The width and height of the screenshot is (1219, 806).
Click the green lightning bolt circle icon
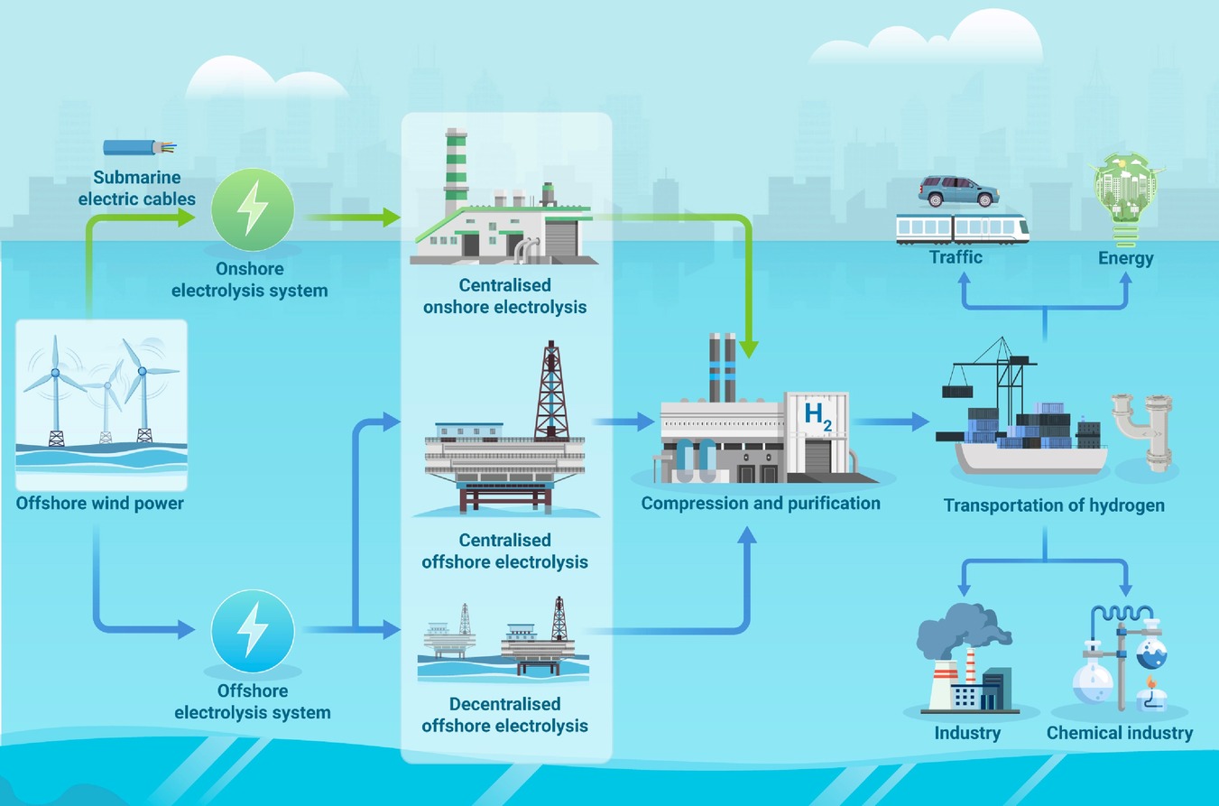point(253,209)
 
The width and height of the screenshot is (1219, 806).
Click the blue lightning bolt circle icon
point(253,631)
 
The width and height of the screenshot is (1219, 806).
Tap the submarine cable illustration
point(140,147)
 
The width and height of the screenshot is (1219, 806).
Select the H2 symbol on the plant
point(817,417)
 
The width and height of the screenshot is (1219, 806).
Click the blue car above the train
point(959,191)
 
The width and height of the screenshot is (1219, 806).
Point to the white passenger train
point(963,228)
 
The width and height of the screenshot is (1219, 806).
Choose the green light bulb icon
point(1125,199)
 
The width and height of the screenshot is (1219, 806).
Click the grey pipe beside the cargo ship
point(1143,432)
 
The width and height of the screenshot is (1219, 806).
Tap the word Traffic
point(956,257)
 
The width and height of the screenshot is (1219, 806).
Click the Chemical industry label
point(1120,733)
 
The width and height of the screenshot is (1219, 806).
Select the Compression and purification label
point(761,504)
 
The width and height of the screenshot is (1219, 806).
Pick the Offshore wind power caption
point(99,504)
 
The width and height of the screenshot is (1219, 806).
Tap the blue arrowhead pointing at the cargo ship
point(920,422)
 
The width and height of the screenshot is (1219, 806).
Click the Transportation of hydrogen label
point(1054,505)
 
